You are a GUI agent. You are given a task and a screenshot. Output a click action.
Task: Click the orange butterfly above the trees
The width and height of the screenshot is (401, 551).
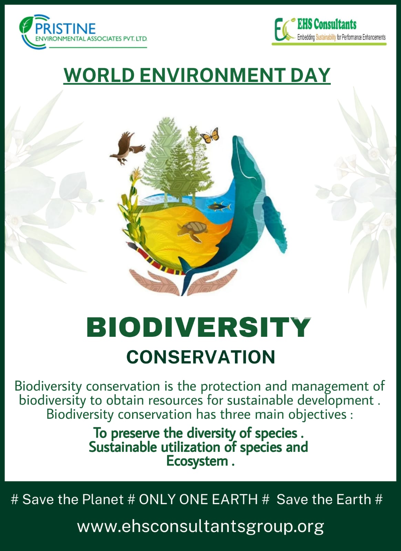tap(210, 135)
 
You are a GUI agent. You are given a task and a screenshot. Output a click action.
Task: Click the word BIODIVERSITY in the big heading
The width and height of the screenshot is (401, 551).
tap(198, 327)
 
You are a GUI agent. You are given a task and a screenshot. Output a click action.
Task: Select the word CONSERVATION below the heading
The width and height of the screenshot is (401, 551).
tap(200, 357)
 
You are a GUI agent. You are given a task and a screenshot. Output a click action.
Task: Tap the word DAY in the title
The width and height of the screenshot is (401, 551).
tap(310, 75)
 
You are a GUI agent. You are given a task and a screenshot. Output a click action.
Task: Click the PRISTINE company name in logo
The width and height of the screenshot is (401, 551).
tap(65, 29)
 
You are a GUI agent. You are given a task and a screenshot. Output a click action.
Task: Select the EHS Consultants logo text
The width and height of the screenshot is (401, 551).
tap(327, 24)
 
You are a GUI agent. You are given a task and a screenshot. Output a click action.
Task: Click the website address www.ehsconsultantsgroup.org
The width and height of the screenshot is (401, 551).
tap(200, 526)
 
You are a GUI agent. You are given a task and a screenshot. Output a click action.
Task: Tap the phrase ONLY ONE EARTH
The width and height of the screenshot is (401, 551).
tap(198, 499)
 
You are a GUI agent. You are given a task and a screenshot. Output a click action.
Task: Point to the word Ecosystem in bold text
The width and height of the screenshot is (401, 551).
tap(197, 461)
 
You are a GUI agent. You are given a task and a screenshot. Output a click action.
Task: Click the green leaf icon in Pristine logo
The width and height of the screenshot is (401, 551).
tap(25, 25)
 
